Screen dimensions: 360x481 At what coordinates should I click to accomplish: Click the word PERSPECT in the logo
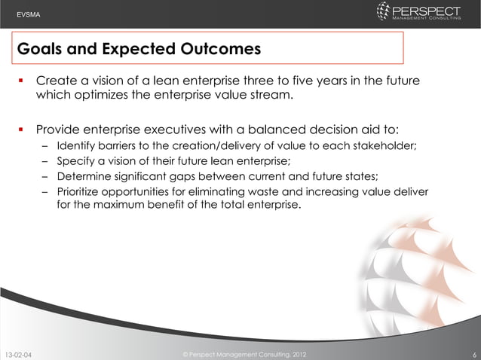click(x=428, y=10)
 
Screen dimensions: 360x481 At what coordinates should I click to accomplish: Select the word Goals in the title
click(x=41, y=50)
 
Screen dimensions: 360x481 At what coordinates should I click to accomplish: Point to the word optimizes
click(x=103, y=96)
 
